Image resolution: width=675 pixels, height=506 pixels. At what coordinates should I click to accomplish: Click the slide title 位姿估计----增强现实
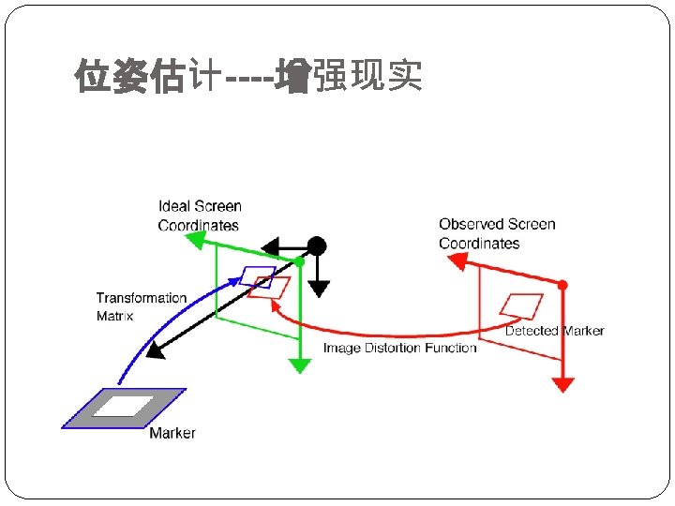coord(248,78)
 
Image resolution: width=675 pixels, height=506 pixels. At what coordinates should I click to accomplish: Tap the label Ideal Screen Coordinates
coord(199,216)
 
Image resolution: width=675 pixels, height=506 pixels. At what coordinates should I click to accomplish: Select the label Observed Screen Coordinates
coord(497,233)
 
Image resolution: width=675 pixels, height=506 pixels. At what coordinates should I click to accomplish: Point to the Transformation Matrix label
coord(141,306)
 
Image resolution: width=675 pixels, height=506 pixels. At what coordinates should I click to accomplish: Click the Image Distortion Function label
coord(399,348)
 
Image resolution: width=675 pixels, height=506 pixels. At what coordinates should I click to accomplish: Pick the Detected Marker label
coord(554,331)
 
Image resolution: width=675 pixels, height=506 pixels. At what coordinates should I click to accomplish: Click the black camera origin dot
coord(317,246)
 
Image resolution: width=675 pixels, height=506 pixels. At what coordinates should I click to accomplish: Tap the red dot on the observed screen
coord(562,285)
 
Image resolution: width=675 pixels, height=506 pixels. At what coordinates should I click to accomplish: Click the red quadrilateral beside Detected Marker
coord(521,305)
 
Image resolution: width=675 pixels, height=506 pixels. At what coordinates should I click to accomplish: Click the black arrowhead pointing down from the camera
coord(319,289)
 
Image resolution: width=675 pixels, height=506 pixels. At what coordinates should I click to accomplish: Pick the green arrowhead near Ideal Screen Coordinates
coord(195,240)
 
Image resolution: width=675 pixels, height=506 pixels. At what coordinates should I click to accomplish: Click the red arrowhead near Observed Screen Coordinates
coord(457,261)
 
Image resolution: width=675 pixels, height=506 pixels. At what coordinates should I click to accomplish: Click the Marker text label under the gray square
coord(172,433)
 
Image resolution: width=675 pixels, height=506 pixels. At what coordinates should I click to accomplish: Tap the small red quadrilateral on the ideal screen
coord(271,288)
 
